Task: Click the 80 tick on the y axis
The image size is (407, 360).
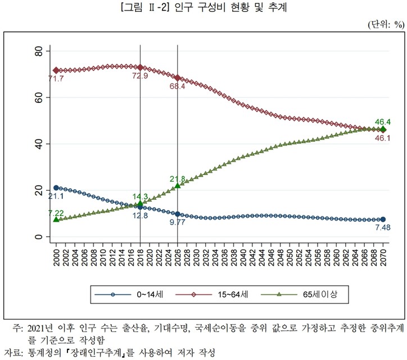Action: click(38, 51)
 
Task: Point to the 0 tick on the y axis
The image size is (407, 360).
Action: click(38, 237)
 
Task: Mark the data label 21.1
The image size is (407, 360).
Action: click(55, 196)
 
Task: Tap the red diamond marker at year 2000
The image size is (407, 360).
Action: click(56, 70)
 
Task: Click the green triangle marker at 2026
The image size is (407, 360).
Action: click(178, 186)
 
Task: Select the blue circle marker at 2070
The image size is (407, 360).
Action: click(383, 219)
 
